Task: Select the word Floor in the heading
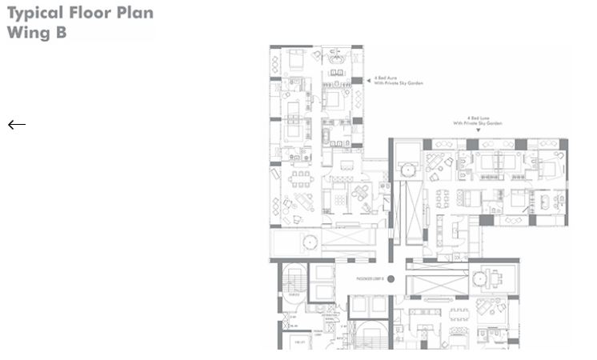point(97,13)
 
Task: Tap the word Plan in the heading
point(137,13)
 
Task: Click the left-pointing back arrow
point(17,124)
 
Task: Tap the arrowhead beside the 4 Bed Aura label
point(368,80)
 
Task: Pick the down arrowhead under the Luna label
point(478,130)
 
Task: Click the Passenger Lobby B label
point(370,278)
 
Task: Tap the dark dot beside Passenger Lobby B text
point(392,278)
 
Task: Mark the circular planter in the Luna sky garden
point(409,170)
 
